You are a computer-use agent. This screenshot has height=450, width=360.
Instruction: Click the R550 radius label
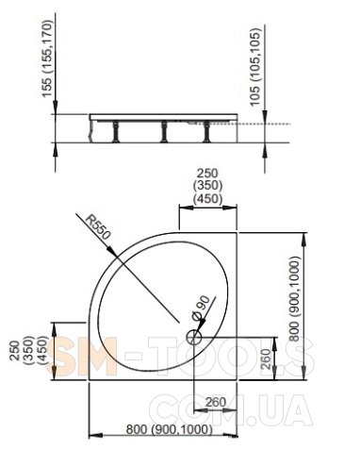[x=98, y=227]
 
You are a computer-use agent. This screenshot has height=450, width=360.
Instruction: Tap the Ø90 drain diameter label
[x=200, y=308]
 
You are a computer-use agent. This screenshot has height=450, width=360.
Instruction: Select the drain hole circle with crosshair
[x=194, y=337]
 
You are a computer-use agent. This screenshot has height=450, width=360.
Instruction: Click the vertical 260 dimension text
[x=266, y=359]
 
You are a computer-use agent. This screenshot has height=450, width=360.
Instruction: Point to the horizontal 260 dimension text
[x=216, y=402]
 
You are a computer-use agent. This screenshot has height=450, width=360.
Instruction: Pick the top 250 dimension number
[x=207, y=173]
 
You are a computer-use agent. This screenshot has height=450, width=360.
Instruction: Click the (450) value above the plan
[x=207, y=199]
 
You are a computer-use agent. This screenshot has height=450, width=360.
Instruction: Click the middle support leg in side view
[x=164, y=131]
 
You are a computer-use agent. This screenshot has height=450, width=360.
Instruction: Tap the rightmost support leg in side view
[x=206, y=132]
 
